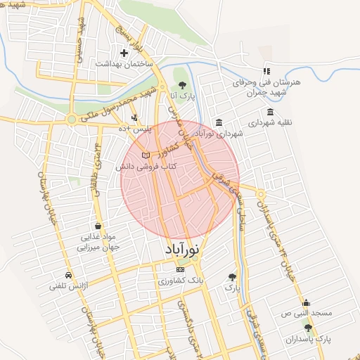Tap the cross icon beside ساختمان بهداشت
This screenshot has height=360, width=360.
(x=124, y=53)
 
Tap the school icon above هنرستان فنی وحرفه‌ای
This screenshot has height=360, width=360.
(x=266, y=71)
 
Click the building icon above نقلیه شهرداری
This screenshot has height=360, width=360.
(x=271, y=112)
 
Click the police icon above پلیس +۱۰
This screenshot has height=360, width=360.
(x=134, y=117)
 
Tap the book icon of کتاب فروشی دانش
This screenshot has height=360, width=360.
(x=146, y=155)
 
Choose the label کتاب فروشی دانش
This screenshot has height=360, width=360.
(x=144, y=167)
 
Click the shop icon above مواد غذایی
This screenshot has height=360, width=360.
(x=97, y=226)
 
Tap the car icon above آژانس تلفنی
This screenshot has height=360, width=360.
(x=67, y=275)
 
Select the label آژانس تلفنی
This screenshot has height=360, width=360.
(x=67, y=286)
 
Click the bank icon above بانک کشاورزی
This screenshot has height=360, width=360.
(x=181, y=269)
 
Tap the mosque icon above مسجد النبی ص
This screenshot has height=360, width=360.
(x=306, y=302)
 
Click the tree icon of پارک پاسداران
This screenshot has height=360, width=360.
(x=307, y=328)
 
